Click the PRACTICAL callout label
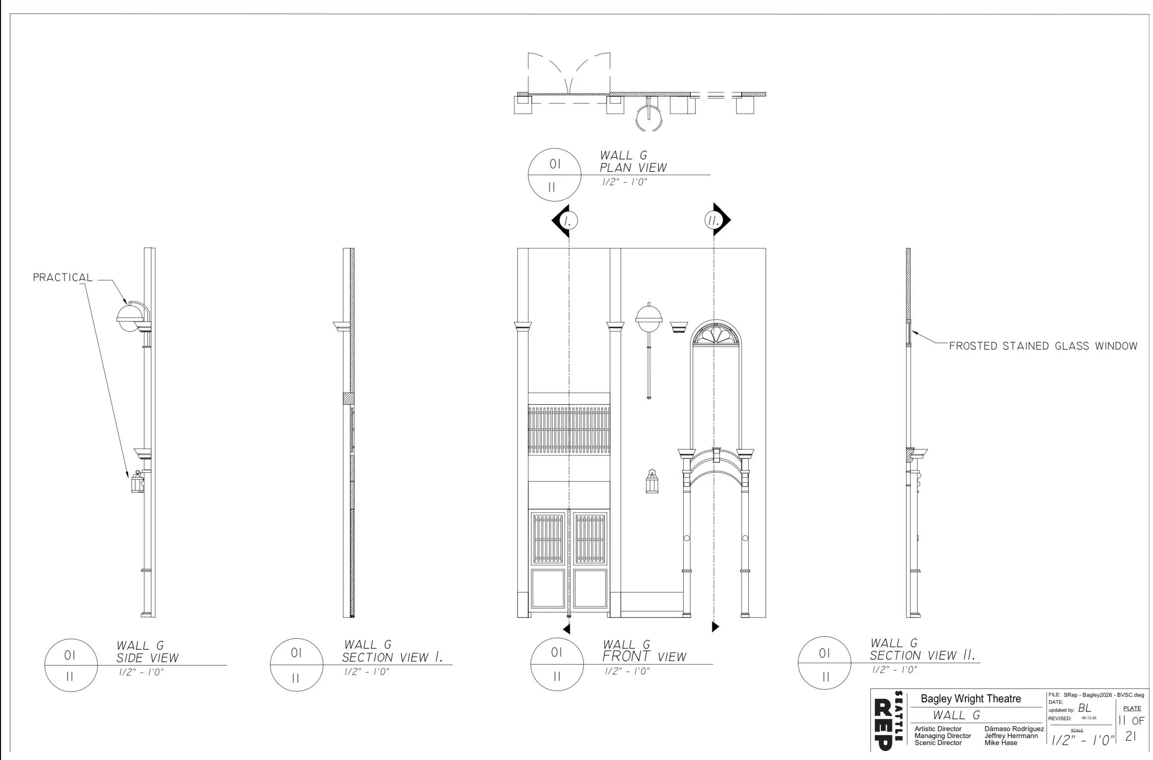point(63,278)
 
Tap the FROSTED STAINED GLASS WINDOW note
point(1043,346)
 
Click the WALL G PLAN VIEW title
point(633,162)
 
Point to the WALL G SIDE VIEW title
point(147,652)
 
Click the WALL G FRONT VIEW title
point(644,651)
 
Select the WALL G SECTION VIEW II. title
point(922,650)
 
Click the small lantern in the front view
point(652,481)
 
